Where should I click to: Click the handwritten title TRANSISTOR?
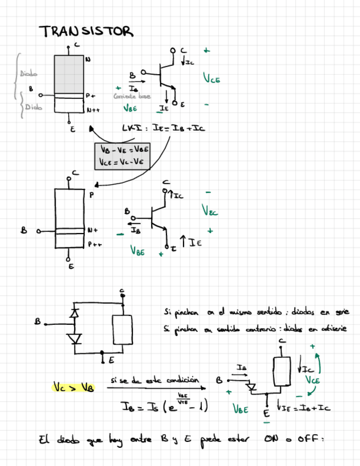(x=86, y=31)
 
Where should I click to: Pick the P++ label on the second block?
(x=95, y=246)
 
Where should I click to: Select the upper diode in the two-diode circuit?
(x=75, y=313)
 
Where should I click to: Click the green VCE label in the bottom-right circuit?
(x=312, y=380)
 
